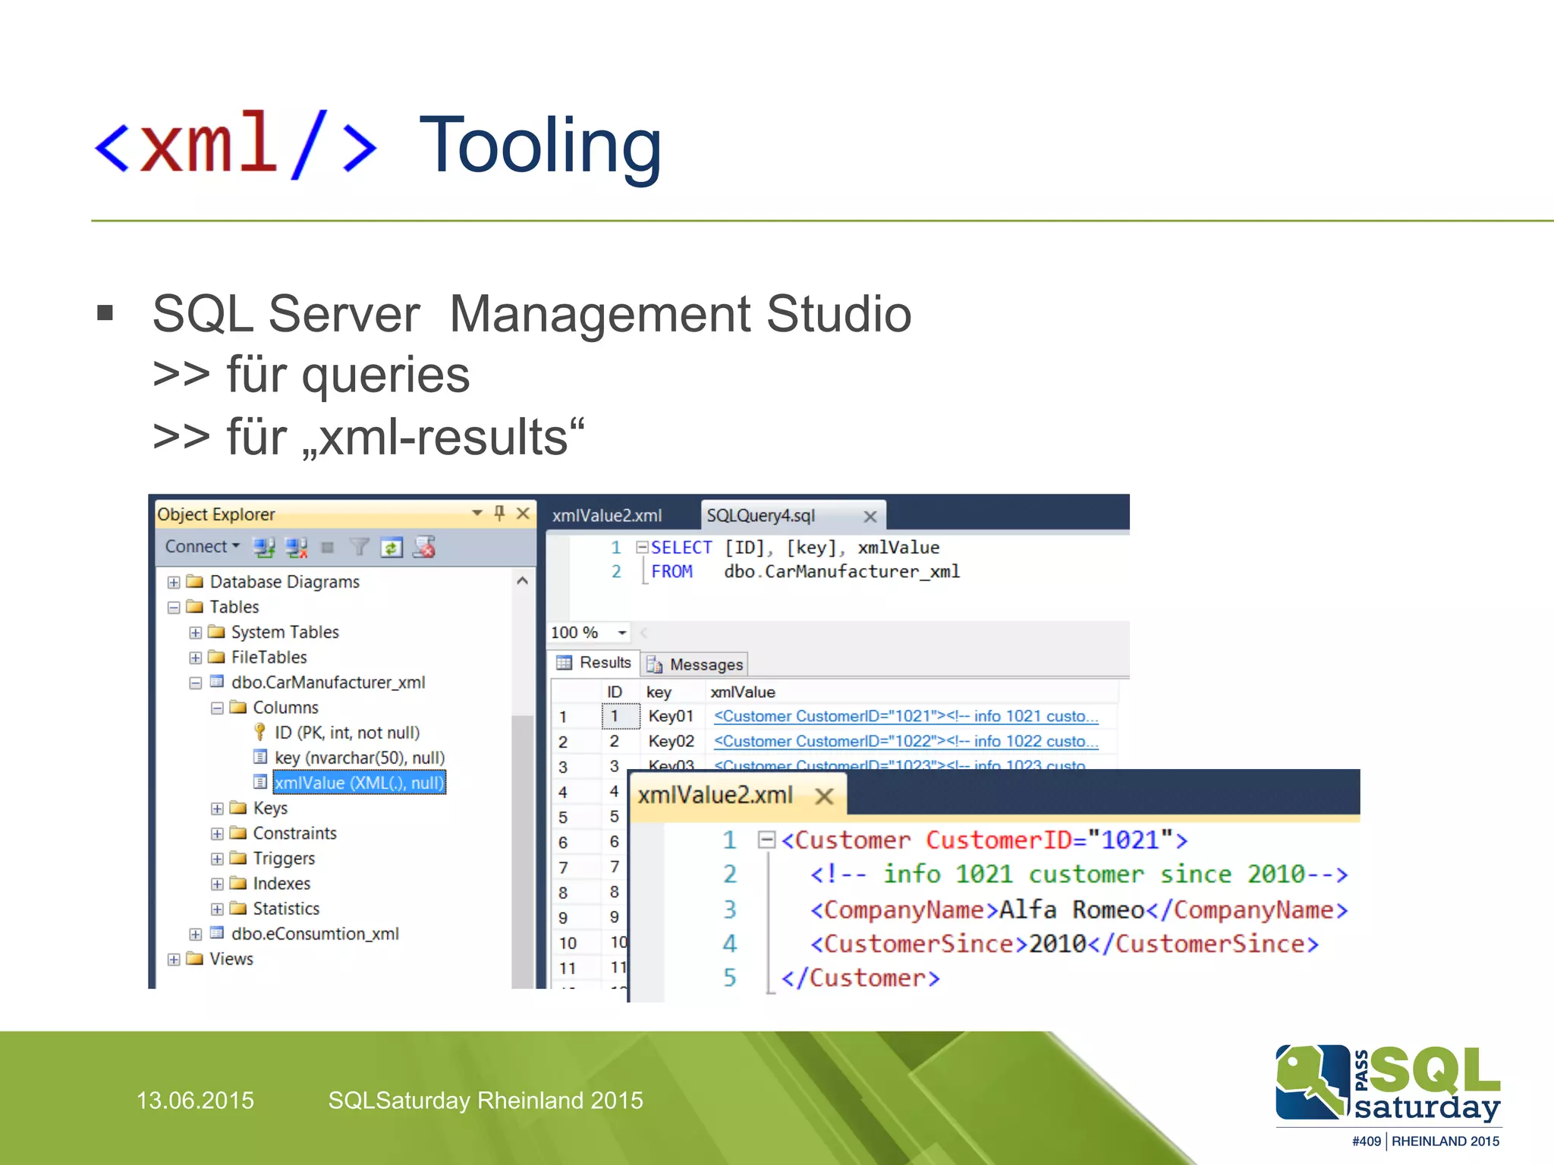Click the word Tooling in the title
click(x=540, y=146)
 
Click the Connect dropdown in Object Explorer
click(x=202, y=547)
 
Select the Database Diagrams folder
click(x=284, y=582)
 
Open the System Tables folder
click(x=284, y=632)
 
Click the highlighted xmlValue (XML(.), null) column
click(x=359, y=783)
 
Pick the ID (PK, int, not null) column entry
click(x=346, y=733)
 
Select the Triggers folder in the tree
click(x=283, y=859)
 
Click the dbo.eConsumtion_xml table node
click(x=314, y=934)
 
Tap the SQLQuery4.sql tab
click(x=761, y=516)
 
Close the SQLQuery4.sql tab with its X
click(x=870, y=517)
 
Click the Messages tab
click(x=705, y=664)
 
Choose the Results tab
click(x=604, y=663)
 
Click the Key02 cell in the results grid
click(x=671, y=741)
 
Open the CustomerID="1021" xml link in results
click(x=905, y=716)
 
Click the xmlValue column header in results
click(x=742, y=692)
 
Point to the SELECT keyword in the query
click(x=681, y=548)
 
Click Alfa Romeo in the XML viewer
click(x=1071, y=909)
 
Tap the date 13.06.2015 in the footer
click(x=195, y=1100)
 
